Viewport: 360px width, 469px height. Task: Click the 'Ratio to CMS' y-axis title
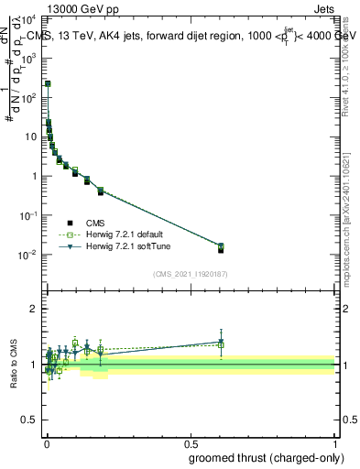click(x=13, y=365)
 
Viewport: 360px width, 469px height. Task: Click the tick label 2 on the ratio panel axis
click(x=38, y=310)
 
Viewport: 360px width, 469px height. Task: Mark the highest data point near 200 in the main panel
click(x=48, y=83)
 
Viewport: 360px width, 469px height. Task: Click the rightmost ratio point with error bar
click(x=221, y=343)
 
